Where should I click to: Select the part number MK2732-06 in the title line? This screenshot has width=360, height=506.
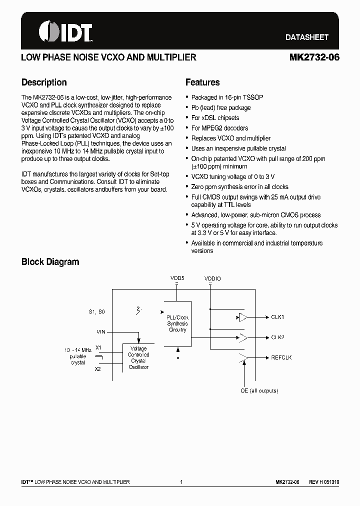point(314,57)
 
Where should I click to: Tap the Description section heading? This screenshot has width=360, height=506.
point(44,82)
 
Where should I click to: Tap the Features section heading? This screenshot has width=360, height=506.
point(202,82)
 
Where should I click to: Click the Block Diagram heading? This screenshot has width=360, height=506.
point(50,261)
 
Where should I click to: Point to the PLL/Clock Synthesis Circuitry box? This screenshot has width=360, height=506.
point(177,323)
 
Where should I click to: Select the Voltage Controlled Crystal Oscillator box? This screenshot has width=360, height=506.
point(138,357)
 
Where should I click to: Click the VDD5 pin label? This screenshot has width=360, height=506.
point(177,277)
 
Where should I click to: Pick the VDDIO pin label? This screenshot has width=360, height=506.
point(212,278)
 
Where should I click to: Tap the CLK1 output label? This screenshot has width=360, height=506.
point(277,317)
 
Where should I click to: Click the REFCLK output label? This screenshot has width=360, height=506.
point(281,357)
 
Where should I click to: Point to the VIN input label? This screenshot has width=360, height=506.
point(100,331)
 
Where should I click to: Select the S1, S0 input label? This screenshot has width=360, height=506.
point(97,311)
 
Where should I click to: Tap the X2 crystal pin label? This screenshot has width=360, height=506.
point(98,369)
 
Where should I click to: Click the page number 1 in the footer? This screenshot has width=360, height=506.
point(181,482)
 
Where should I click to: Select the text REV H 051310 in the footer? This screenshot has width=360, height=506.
point(323,482)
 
